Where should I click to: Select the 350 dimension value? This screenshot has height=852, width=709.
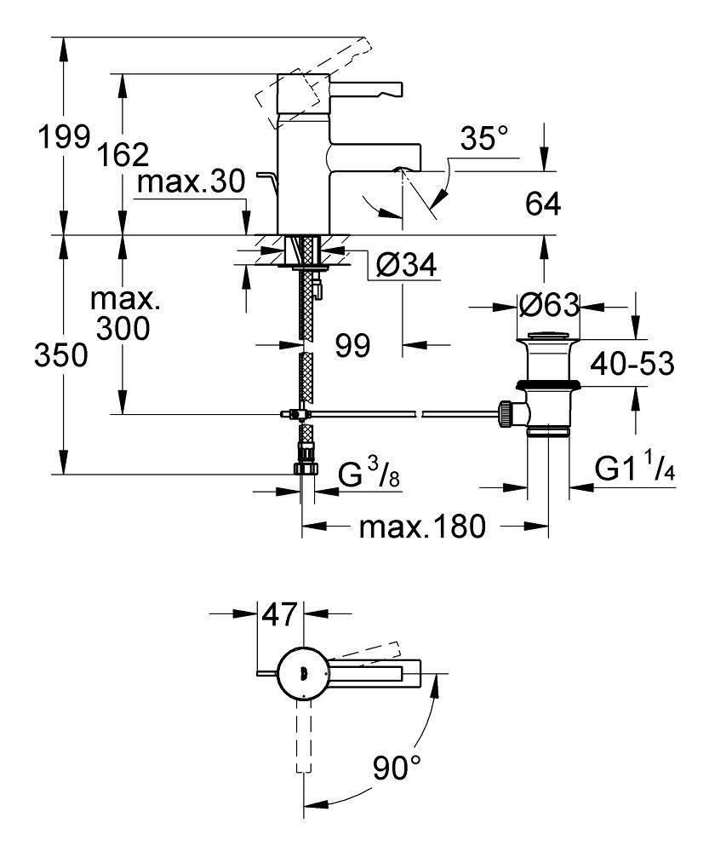pos(60,356)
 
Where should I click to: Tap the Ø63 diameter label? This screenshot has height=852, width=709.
pos(548,304)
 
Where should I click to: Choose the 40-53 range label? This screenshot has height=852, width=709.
pos(633,364)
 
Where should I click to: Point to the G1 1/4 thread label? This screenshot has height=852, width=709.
pos(635,469)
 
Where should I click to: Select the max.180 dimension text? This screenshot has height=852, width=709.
pos(422,527)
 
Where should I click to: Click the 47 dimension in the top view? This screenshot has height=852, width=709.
pos(279,613)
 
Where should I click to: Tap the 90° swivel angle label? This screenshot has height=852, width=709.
pos(397,772)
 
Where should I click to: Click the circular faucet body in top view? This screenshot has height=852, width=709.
pos(303,674)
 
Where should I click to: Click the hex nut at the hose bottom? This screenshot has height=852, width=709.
pos(305,468)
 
